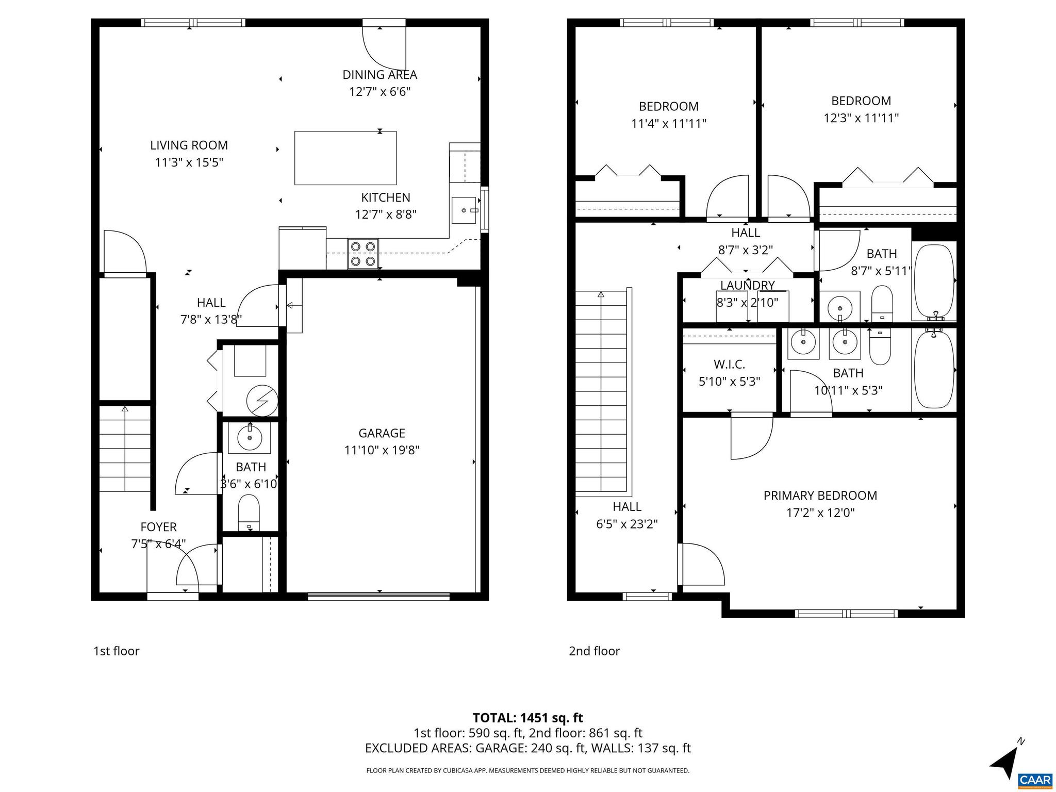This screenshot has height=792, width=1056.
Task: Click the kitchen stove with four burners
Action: [x=363, y=254]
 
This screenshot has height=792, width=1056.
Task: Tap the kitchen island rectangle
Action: [x=345, y=158]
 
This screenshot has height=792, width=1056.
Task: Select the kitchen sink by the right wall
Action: [x=464, y=210]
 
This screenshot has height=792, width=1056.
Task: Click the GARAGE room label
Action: [x=382, y=433]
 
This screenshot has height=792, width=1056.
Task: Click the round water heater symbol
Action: [x=262, y=400]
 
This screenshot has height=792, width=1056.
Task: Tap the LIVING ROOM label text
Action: [x=189, y=145]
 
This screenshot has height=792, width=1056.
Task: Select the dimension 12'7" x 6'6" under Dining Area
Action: [x=380, y=92]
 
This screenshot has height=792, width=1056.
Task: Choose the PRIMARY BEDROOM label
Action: [x=820, y=496]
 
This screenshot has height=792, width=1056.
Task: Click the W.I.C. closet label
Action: [x=729, y=365]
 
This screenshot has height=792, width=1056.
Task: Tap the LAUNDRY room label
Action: [x=747, y=286]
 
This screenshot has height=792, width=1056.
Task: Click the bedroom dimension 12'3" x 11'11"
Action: [x=861, y=118]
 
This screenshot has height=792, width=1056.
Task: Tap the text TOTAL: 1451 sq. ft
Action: [x=527, y=718]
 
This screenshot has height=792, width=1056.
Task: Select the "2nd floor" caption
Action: [x=594, y=651]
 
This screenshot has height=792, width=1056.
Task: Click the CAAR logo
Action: [x=1035, y=779]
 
